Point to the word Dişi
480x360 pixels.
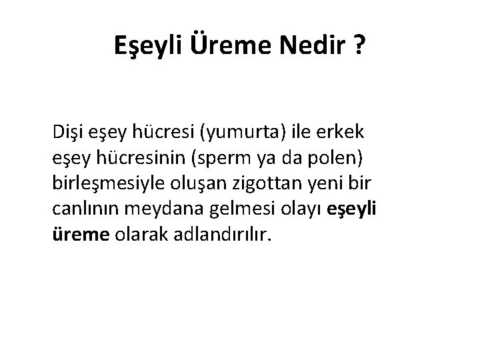68,133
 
